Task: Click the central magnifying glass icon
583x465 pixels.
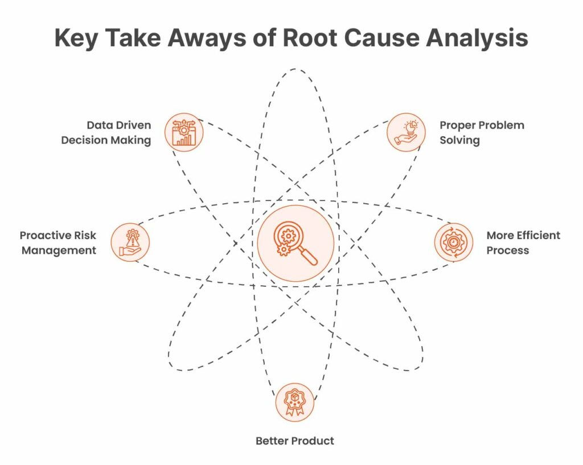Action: [x=295, y=243]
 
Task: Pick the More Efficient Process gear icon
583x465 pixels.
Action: [x=453, y=242]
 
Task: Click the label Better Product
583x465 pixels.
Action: [x=294, y=441]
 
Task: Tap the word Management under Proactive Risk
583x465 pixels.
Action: [x=59, y=250]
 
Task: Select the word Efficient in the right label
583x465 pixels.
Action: [x=539, y=235]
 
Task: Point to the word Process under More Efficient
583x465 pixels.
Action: [x=507, y=250]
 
